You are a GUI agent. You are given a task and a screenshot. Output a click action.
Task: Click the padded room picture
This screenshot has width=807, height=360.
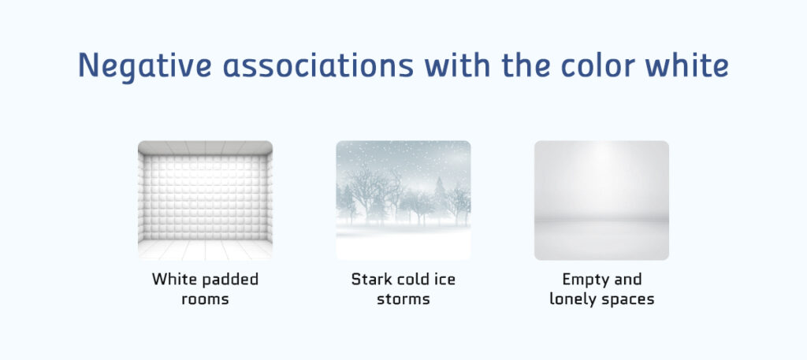tap(206, 201)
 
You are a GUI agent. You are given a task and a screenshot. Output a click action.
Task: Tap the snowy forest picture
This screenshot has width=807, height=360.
tap(403, 201)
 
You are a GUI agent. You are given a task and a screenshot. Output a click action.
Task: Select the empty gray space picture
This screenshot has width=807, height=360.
tap(601, 201)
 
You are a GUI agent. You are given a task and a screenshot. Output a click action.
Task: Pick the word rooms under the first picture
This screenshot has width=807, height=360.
tap(206, 299)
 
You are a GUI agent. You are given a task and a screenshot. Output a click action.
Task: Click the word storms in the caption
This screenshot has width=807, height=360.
tap(403, 299)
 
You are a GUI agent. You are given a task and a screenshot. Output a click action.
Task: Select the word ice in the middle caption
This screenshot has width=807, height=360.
tap(445, 280)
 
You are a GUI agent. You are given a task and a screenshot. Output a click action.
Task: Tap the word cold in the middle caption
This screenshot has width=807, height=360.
tap(412, 280)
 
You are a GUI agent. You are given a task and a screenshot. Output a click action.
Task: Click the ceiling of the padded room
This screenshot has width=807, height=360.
tap(206, 147)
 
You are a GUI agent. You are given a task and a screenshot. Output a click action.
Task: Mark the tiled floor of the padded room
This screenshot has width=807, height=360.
tap(206, 250)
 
